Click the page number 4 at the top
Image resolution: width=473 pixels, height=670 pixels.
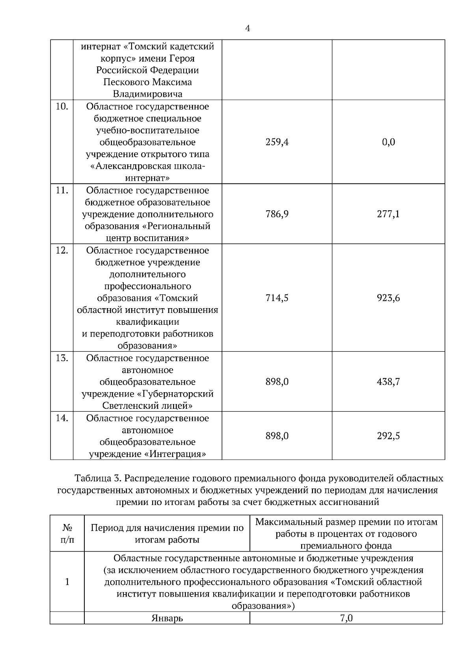tap(248, 28)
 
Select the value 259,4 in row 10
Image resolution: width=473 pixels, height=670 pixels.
tap(277, 142)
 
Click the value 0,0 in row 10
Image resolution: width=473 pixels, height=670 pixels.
tap(388, 142)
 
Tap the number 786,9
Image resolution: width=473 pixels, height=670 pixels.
tap(277, 214)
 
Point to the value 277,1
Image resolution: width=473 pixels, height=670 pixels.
tap(388, 214)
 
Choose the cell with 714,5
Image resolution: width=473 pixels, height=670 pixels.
tap(277, 298)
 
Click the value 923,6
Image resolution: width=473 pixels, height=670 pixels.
tap(388, 298)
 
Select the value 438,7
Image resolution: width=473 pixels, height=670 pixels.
tap(388, 382)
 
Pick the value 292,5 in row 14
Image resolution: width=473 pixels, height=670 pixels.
tap(388, 436)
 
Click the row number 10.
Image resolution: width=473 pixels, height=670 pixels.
tap(61, 107)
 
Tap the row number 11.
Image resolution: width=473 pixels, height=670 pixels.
tap(61, 191)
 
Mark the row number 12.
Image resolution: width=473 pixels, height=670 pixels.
tap(61, 251)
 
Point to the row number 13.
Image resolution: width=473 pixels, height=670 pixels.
tap(61, 358)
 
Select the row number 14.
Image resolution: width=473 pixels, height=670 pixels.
tap(61, 418)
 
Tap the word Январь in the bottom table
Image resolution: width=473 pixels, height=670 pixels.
tap(167, 619)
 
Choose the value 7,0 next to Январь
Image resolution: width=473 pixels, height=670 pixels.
tap(346, 619)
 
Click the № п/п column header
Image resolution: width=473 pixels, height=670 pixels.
tap(67, 533)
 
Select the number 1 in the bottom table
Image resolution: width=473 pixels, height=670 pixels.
tap(67, 582)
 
